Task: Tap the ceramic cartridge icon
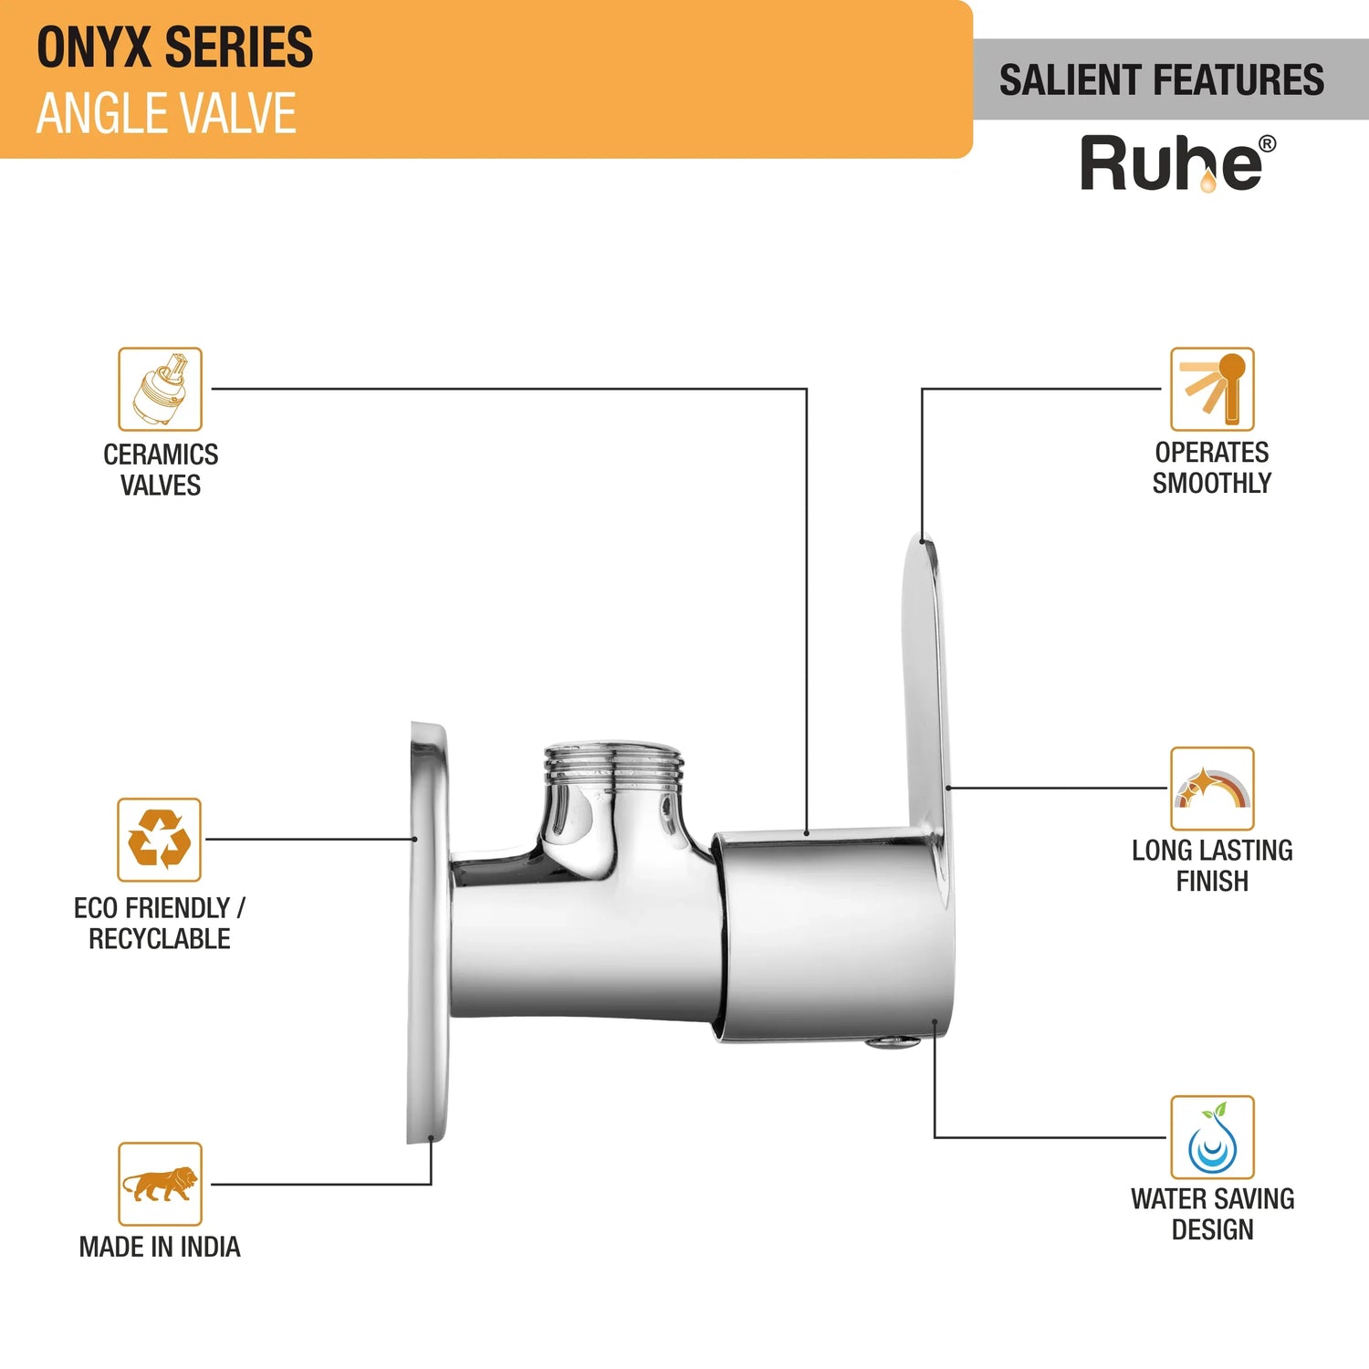[x=160, y=390]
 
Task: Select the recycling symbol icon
[x=159, y=840]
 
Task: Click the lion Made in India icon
[x=160, y=1184]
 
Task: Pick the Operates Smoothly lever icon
[x=1212, y=389]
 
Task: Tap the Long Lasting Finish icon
[x=1212, y=789]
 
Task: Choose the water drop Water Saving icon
[x=1212, y=1138]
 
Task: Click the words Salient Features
[x=1161, y=80]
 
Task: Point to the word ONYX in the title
[x=93, y=47]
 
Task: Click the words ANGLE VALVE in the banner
[x=166, y=114]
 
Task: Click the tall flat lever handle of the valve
[x=925, y=684]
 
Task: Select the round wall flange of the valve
[x=427, y=931]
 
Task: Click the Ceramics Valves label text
[x=161, y=469]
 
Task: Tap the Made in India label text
[x=160, y=1247]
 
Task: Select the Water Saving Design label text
[x=1212, y=1214]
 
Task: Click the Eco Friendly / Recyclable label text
[x=160, y=923]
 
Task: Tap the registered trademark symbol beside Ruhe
[x=1267, y=144]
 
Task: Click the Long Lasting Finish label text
[x=1212, y=865]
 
